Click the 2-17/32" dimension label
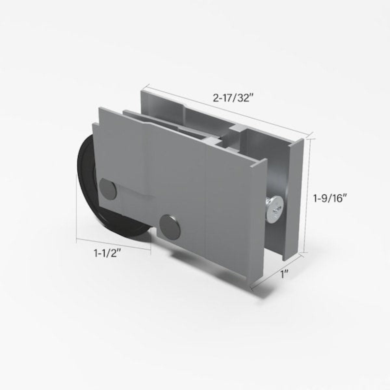tap(233, 98)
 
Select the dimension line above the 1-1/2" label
tap(114, 244)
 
